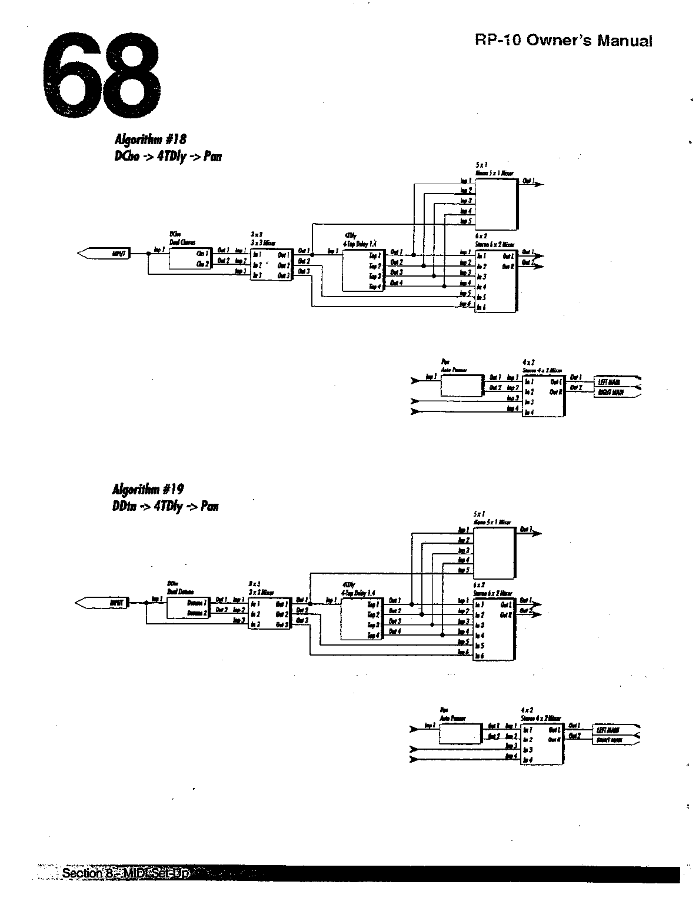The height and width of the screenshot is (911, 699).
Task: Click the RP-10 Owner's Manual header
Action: pos(564,41)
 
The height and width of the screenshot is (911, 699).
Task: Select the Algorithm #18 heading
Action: pos(150,139)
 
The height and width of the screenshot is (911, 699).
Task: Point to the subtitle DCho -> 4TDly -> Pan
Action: pos(168,157)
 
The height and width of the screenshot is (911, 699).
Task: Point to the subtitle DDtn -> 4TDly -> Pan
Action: pos(165,506)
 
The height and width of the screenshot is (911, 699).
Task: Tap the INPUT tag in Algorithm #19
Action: pos(115,603)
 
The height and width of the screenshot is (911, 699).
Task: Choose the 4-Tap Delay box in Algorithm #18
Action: pos(362,270)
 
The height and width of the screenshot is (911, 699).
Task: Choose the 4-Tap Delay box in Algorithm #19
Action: pos(361,619)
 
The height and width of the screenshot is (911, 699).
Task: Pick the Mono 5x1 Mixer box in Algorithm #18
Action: pos(496,203)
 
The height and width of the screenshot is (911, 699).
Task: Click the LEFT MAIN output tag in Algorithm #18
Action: pos(612,382)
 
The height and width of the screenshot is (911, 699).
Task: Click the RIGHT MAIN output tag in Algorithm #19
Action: pos(610,740)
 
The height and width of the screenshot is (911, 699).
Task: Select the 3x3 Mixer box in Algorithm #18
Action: pos(271,265)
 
